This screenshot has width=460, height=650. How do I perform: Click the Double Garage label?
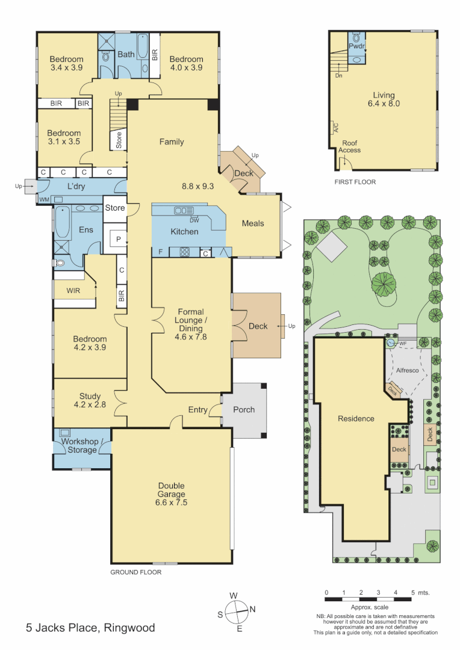(171, 494)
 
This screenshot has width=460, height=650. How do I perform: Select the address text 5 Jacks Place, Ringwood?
(90, 628)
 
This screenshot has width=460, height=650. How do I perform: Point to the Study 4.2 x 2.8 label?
(90, 400)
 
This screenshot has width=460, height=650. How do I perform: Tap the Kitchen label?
(184, 232)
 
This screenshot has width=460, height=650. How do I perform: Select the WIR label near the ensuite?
(73, 291)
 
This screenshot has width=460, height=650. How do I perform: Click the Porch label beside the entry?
(244, 410)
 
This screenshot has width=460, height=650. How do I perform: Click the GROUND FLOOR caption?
(135, 572)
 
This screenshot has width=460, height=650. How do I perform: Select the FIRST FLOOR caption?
(355, 181)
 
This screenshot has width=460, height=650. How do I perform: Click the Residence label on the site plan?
(356, 419)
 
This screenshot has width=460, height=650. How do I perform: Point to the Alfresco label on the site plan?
(408, 371)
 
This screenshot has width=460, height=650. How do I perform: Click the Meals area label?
(253, 223)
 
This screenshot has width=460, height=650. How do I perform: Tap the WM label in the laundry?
(44, 199)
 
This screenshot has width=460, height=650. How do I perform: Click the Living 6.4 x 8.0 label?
(384, 99)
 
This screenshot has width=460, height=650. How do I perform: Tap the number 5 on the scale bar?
(413, 593)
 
